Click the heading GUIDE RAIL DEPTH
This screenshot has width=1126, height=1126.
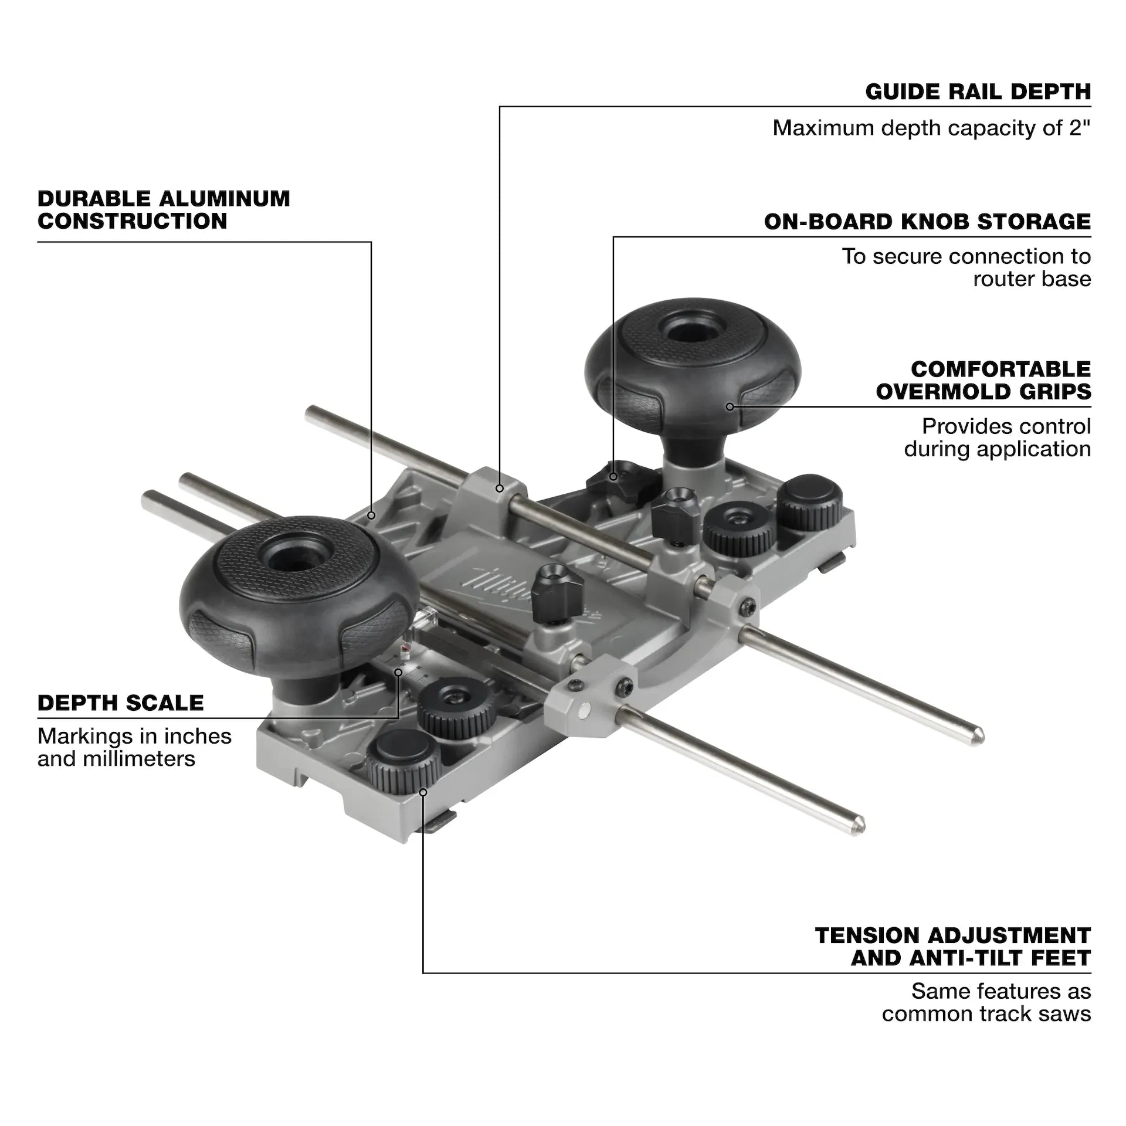978,92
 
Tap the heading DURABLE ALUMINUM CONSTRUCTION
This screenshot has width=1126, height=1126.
164,210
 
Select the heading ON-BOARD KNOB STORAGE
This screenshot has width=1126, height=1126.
927,222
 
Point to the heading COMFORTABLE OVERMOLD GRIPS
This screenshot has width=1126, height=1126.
983,380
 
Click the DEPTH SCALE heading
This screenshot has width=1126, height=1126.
121,703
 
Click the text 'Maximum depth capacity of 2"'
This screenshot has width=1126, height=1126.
931,128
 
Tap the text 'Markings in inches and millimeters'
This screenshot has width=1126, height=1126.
134,747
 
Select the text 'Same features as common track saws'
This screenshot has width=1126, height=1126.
986,1002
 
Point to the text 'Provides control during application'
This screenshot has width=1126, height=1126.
997,437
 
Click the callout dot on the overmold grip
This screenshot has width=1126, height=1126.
730,406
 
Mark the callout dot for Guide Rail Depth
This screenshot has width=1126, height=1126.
500,488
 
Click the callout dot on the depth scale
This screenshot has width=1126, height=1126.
399,673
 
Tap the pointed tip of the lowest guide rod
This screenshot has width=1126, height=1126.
860,825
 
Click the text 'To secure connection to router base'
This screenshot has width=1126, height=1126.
966,267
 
